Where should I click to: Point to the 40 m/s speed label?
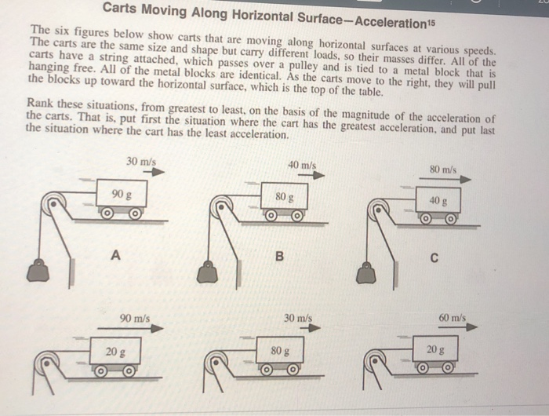302,166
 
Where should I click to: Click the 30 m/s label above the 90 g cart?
140,162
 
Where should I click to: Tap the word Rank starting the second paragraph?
39,103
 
